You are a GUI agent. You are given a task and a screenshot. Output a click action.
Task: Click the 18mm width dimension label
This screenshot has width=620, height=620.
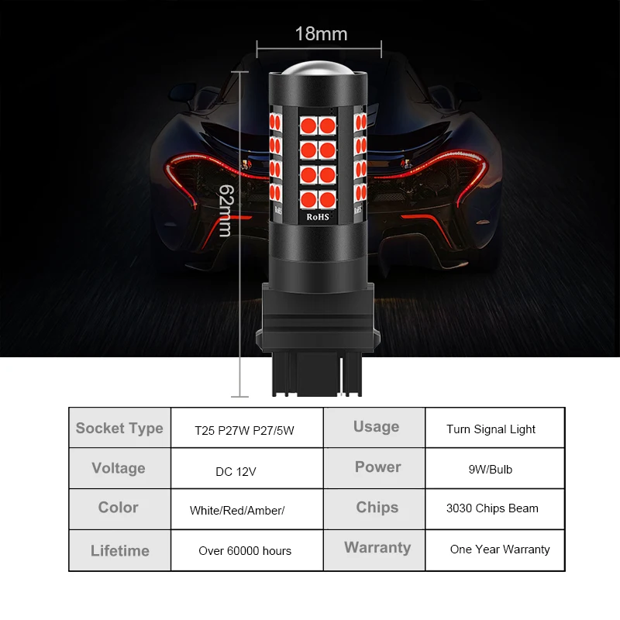[x=321, y=34]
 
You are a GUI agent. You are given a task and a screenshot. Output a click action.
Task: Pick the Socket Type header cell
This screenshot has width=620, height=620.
[x=119, y=428]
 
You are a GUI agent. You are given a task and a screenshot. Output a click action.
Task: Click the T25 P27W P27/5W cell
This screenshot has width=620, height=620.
[x=244, y=429]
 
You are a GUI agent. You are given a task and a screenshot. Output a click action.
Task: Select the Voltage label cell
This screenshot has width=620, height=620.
[x=119, y=468]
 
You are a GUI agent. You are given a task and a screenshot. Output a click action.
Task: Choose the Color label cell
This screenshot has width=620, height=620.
[x=119, y=508]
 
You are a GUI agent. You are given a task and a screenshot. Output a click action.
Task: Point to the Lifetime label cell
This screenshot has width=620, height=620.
[x=119, y=551]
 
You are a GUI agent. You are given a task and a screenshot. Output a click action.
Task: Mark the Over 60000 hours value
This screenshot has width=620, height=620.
[x=245, y=551]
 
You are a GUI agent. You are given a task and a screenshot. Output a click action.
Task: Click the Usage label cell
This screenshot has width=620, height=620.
[x=376, y=426]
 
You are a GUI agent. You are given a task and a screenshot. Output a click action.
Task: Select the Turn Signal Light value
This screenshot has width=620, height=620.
[x=491, y=429]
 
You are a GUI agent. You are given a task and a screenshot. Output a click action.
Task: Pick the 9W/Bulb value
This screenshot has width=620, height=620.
[x=490, y=470]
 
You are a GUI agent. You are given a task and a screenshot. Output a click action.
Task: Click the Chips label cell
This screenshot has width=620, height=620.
[x=377, y=508]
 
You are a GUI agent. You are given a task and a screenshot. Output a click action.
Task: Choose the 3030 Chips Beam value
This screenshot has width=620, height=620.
[x=492, y=509]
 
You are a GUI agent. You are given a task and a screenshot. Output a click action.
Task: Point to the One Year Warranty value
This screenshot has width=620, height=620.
[x=500, y=549]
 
